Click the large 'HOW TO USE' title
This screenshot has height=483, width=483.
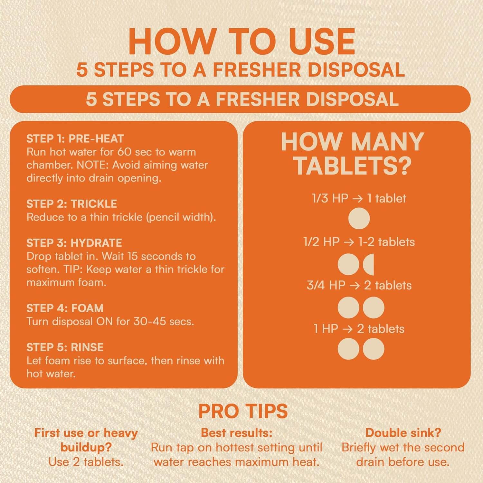(241, 42)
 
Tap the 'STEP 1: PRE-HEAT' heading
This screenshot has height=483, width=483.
(75, 139)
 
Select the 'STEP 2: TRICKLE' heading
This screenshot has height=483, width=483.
(71, 204)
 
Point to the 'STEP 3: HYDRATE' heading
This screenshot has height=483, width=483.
(74, 243)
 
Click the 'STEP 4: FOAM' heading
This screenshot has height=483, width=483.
(65, 308)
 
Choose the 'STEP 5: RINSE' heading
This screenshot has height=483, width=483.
(65, 347)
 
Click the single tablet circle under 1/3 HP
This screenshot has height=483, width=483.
(359, 219)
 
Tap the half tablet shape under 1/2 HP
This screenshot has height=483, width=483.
(369, 264)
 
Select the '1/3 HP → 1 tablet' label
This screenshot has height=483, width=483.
(359, 198)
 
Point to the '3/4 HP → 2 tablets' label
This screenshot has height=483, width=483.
(359, 285)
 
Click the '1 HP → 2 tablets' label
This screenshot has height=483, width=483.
(359, 329)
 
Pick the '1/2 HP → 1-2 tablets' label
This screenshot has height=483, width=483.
(359, 242)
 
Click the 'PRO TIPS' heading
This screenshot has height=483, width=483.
(243, 411)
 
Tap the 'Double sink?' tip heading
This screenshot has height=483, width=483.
(403, 432)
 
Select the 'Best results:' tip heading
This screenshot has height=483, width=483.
(237, 432)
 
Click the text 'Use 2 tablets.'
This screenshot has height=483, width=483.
(86, 462)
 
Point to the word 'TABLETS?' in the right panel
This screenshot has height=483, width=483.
(353, 166)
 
